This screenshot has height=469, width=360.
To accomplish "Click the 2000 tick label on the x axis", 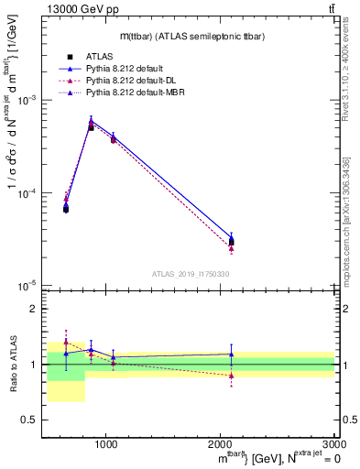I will [x=220, y=443].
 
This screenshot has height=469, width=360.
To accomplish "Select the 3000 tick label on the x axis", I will [x=333, y=443].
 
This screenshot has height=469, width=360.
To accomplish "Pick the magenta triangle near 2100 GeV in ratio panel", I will [x=232, y=376].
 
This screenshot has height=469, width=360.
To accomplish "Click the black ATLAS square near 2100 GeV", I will [x=232, y=242].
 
